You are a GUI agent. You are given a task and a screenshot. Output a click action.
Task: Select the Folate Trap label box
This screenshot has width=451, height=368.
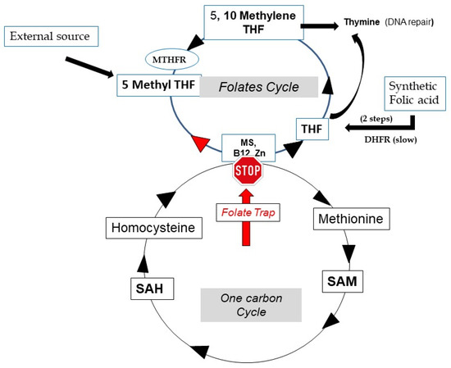248,212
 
